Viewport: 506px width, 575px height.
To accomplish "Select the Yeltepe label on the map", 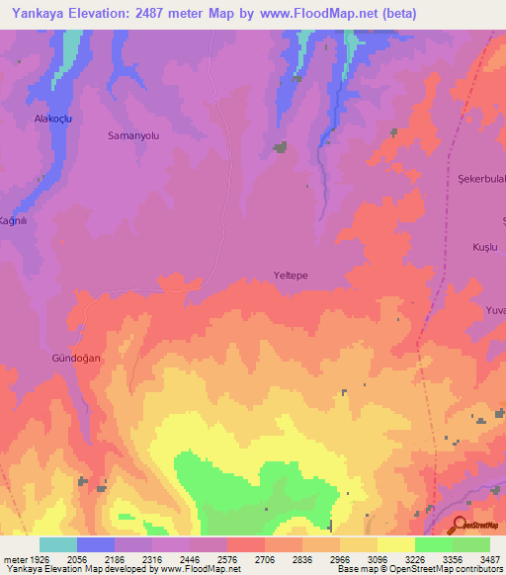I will point(292,277).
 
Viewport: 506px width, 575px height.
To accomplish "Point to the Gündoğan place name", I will point(76,359).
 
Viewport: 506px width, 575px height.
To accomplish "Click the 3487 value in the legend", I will point(489,558).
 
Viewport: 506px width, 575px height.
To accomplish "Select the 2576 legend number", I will point(227,558).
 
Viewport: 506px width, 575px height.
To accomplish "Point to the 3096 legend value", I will point(378,558).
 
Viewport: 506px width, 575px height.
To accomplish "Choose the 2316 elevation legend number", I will point(152,558).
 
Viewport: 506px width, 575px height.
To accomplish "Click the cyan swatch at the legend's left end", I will point(58,544).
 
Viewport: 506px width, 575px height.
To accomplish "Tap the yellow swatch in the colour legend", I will point(396,544).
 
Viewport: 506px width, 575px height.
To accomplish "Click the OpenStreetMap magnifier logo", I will point(460,525).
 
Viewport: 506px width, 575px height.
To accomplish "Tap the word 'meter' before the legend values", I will point(14,558).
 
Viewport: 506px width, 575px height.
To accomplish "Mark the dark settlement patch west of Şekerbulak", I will point(392,131).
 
